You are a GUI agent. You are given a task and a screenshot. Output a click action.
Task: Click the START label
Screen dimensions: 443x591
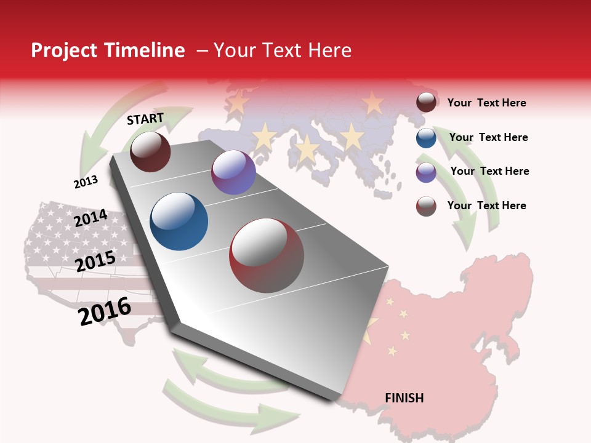145,119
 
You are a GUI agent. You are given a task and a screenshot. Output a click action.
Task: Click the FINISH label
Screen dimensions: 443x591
404,398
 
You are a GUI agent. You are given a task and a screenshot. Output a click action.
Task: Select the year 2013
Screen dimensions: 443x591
86,182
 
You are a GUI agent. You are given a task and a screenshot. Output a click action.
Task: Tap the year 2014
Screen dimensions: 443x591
90,218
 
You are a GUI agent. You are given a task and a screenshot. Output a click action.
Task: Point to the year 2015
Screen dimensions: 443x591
95,261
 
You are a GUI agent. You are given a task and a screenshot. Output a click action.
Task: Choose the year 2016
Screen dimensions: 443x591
105,311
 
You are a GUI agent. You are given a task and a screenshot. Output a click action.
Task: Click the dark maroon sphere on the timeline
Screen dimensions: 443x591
150,151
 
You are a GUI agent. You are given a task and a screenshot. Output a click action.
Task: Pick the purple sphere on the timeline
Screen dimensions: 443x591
233,172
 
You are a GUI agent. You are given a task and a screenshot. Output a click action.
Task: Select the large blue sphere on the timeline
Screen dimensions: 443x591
179,221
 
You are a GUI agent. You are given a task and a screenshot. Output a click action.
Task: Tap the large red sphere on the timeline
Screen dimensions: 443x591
267,255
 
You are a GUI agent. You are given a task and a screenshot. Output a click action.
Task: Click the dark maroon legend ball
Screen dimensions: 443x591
426,103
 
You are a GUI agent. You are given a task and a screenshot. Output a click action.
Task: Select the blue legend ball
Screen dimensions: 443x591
426,138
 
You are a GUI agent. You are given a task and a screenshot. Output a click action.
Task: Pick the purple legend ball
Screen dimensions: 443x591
426,172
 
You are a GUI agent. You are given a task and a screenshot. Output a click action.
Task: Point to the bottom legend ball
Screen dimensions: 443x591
426,206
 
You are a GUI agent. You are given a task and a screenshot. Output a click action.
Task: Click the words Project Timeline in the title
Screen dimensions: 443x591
108,50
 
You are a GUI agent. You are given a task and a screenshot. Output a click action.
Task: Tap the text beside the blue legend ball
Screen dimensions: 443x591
488,137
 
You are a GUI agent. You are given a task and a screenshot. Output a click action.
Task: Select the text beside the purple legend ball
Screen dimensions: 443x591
489,171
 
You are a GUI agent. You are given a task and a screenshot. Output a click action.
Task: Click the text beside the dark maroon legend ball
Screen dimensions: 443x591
486,103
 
